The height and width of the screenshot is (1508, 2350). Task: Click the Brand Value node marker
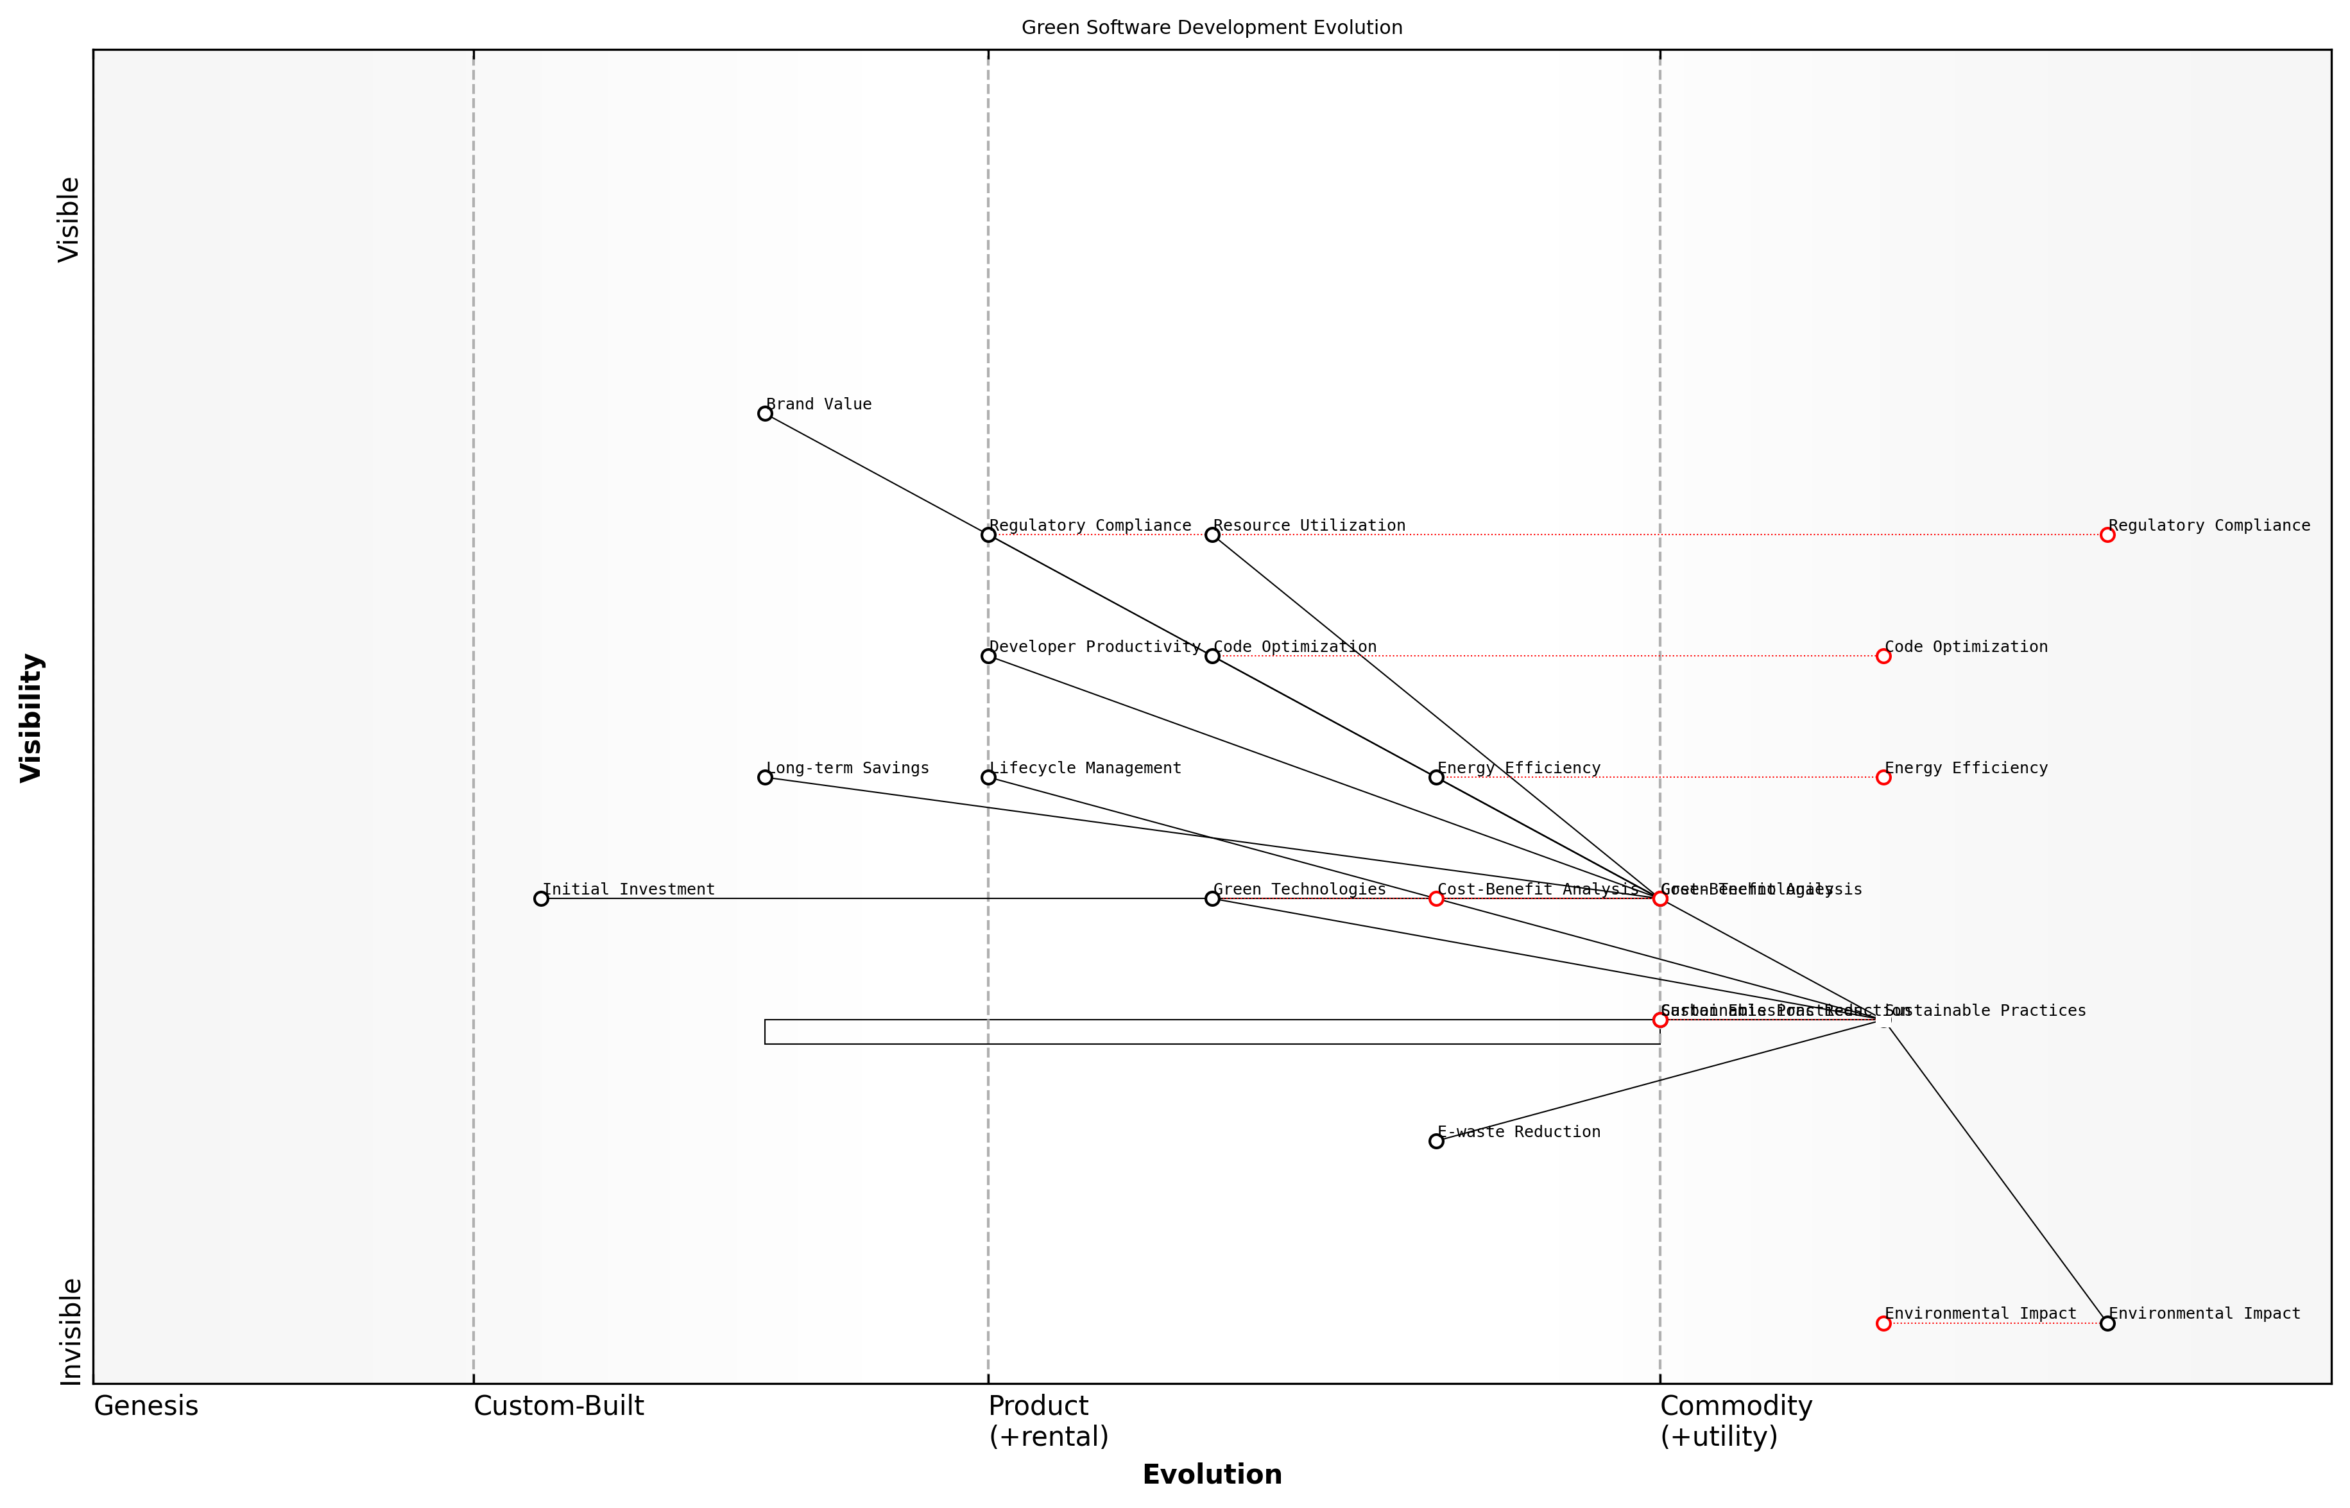click(x=765, y=413)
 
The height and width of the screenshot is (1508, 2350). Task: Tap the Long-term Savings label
click(x=847, y=767)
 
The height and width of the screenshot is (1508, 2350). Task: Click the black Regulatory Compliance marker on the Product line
click(x=988, y=535)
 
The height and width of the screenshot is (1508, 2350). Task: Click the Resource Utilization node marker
click(x=1212, y=535)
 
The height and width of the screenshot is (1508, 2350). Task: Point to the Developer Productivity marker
click(x=988, y=656)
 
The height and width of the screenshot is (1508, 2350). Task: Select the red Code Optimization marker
click(x=1883, y=656)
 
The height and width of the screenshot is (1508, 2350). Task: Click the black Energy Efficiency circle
click(x=1436, y=778)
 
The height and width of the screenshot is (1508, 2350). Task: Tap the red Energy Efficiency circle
click(x=1883, y=778)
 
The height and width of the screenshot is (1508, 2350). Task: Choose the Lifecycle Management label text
click(x=1085, y=767)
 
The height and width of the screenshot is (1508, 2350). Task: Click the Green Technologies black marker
click(x=1212, y=898)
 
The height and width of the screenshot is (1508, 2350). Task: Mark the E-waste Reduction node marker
click(x=1436, y=1141)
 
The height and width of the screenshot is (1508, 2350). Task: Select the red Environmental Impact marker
click(x=1883, y=1323)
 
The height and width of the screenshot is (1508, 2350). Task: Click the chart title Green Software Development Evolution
click(x=1211, y=28)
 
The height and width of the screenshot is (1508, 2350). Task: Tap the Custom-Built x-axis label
click(x=558, y=1406)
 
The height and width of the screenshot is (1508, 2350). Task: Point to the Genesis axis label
click(x=146, y=1406)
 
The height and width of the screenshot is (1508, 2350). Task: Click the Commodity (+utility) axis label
click(x=1735, y=1421)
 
